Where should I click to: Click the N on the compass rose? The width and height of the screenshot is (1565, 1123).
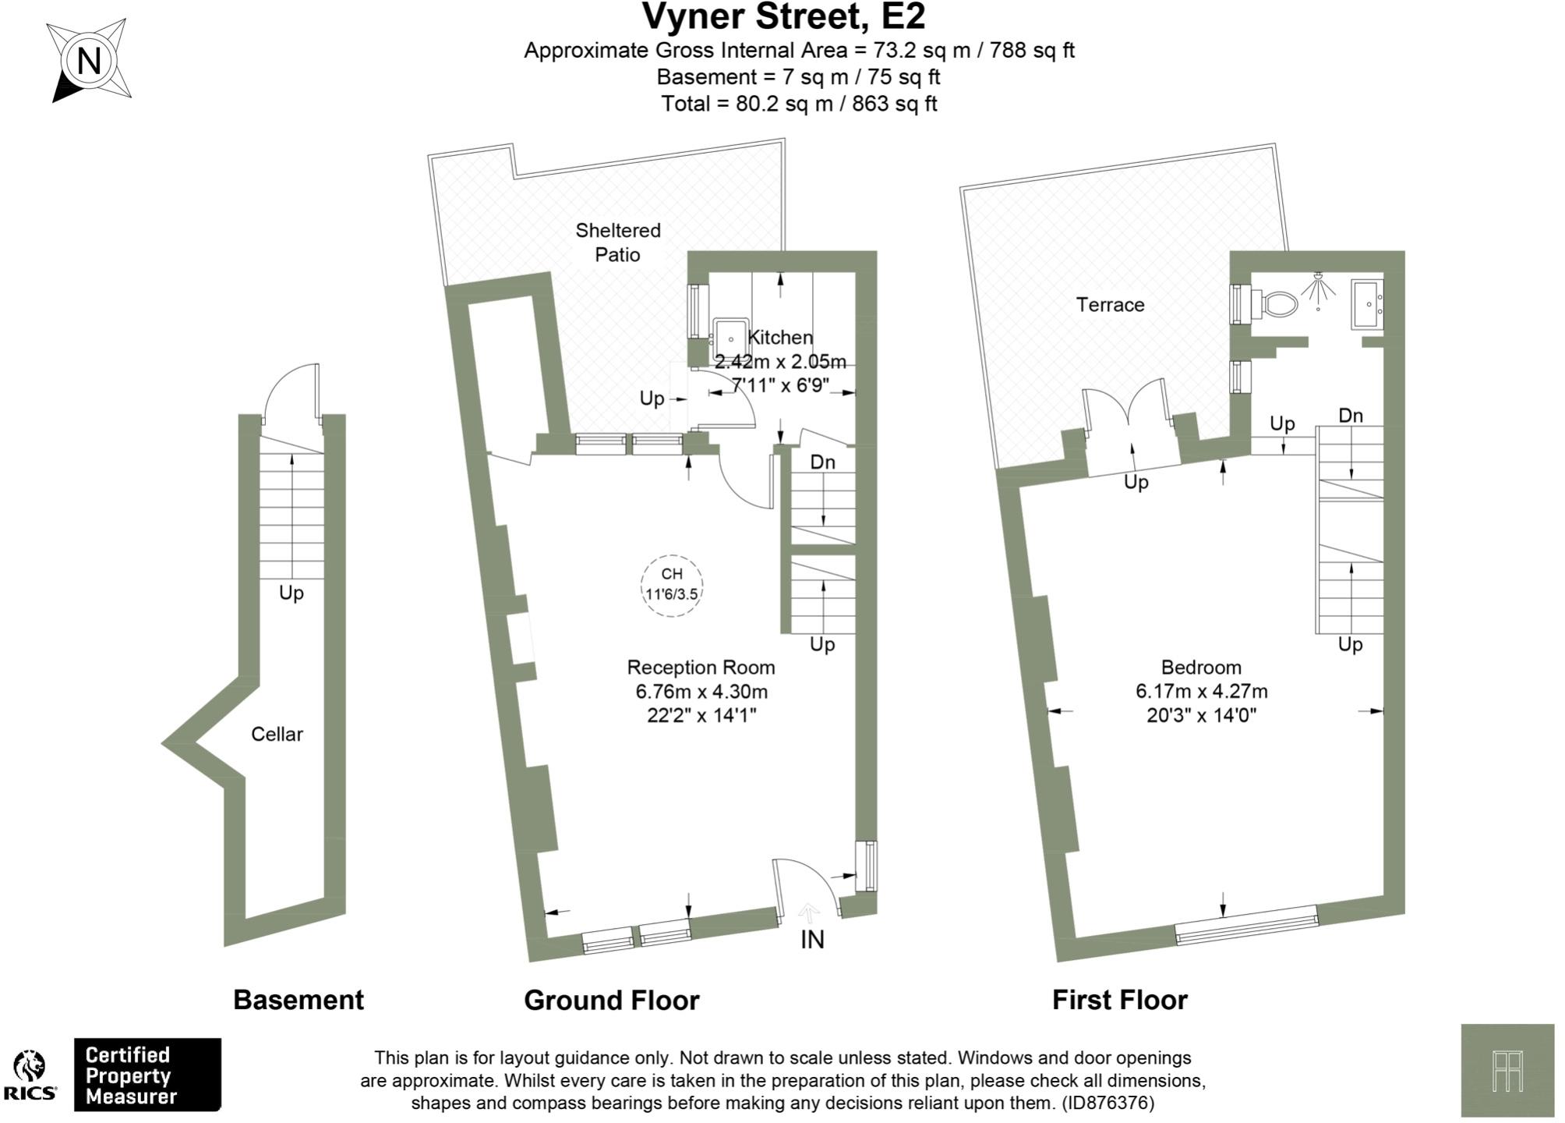tap(90, 61)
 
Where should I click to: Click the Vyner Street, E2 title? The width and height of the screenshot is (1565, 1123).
tap(783, 17)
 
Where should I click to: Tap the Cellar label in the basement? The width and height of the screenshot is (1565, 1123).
tap(277, 734)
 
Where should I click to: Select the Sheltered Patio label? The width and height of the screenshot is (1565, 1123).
tap(618, 243)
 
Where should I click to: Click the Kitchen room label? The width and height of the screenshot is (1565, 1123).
tap(780, 338)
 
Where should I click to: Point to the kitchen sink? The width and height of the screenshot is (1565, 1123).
tap(730, 336)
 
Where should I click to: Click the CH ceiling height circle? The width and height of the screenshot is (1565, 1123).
tap(672, 585)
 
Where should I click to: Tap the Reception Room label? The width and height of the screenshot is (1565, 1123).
tap(701, 668)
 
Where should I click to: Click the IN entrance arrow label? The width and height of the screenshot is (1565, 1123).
tap(812, 940)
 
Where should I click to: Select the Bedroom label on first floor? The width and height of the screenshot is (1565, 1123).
tap(1201, 668)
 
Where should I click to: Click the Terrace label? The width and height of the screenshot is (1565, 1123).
tap(1110, 305)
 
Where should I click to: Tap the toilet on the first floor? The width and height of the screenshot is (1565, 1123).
tap(1275, 303)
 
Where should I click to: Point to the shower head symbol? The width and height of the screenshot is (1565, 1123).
tap(1318, 291)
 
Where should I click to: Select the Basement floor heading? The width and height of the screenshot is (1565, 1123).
tap(299, 1001)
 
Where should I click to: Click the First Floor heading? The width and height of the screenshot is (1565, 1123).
tap(1120, 1001)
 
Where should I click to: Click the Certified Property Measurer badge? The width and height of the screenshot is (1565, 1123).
tap(147, 1075)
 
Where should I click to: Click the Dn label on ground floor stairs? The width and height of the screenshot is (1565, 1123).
tap(823, 462)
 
